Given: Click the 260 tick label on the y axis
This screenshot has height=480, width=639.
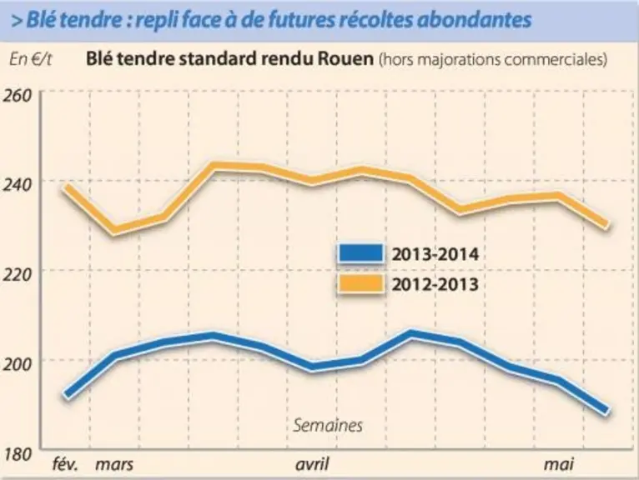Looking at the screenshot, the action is point(18,96).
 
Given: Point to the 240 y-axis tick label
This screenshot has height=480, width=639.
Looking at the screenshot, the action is point(18,185).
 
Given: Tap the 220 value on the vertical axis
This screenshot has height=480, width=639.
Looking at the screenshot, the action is point(18,275).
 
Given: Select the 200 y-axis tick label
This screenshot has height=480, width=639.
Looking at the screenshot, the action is point(18,364).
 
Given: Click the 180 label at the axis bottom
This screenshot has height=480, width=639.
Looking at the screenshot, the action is point(18,454).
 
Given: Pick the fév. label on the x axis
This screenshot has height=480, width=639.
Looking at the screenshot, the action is point(66,463).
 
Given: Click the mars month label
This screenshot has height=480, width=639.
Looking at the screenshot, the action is point(114,464).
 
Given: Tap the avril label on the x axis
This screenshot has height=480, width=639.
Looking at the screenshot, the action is point(312,463).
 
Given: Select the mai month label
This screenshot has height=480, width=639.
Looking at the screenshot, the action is point(559,463).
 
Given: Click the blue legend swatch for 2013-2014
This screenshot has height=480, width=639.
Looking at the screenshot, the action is point(361,253).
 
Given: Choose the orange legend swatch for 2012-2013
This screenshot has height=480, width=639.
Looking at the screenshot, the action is point(361,283).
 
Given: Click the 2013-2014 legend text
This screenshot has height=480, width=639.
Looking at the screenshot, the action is point(435,254).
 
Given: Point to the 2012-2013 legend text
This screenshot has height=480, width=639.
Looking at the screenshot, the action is point(435,284).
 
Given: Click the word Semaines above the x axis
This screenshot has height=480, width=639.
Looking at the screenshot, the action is point(328,426).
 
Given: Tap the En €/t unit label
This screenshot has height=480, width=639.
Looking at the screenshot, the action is point(31,59).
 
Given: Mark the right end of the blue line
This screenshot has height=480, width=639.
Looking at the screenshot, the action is point(607,410).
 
